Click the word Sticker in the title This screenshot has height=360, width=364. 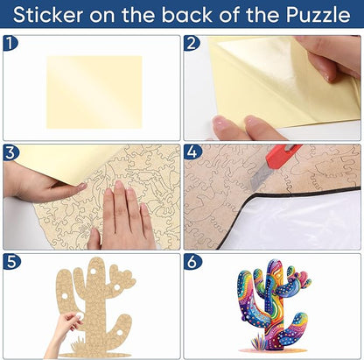(x=48, y=15)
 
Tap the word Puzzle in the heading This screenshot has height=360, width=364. (x=318, y=15)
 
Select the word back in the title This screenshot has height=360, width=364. (x=187, y=15)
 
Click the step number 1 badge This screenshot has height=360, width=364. (x=10, y=44)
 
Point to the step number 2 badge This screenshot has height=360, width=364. (x=192, y=44)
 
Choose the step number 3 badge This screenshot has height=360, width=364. (x=10, y=152)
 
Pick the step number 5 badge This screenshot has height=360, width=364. (x=11, y=262)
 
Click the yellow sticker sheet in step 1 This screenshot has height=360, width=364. (x=94, y=92)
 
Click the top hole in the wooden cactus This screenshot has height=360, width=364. (x=93, y=272)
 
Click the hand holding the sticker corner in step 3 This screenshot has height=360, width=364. (x=44, y=182)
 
